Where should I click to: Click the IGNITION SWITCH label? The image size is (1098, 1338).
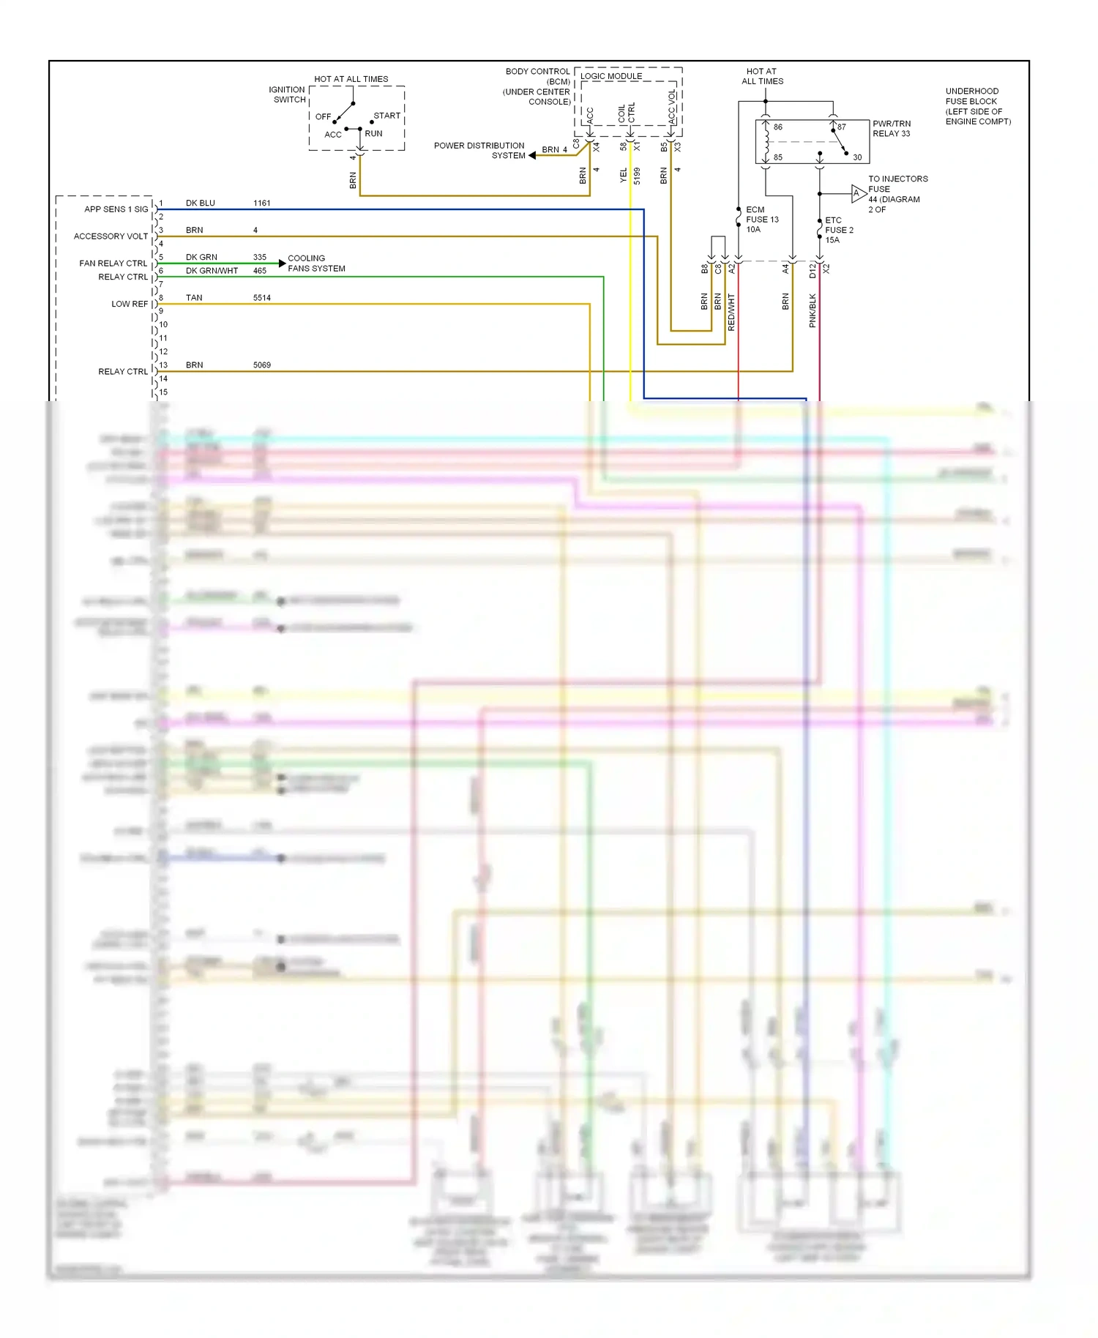click(x=287, y=95)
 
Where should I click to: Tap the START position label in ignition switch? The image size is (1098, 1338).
click(x=386, y=116)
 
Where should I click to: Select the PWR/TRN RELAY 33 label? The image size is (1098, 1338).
click(x=891, y=129)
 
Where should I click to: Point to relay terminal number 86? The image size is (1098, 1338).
click(x=777, y=127)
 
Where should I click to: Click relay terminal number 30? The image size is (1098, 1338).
click(x=856, y=157)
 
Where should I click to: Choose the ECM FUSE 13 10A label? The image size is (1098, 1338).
click(x=761, y=220)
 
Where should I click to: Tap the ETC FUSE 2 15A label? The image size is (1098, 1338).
click(x=838, y=230)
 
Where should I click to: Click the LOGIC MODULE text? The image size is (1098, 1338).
click(x=611, y=76)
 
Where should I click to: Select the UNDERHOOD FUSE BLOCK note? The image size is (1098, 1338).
click(x=977, y=106)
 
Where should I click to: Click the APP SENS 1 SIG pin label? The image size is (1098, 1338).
click(x=116, y=209)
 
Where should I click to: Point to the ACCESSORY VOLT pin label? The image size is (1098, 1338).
click(x=111, y=236)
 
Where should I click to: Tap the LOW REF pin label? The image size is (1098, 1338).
click(x=129, y=304)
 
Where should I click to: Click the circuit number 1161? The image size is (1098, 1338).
click(x=261, y=203)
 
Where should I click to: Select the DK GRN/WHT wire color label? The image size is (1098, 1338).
click(x=212, y=271)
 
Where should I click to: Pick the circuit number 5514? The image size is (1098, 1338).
click(x=261, y=298)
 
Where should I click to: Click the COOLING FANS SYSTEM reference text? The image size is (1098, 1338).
click(x=316, y=264)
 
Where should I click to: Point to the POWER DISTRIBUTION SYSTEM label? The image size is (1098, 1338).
click(x=479, y=151)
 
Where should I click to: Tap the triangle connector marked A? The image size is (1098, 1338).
click(x=857, y=193)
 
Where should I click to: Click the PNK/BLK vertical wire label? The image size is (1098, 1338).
click(x=813, y=310)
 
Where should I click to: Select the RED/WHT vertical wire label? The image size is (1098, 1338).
click(x=731, y=312)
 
